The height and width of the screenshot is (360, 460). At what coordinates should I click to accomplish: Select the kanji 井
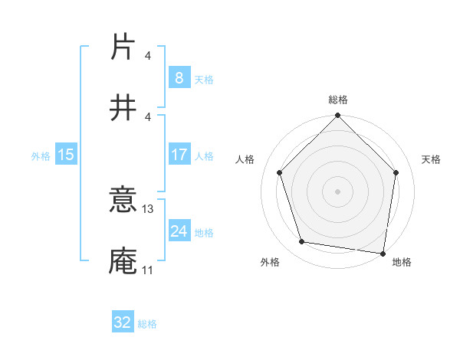pyautogui.click(x=123, y=108)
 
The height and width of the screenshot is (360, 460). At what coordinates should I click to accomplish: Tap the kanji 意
pyautogui.click(x=123, y=201)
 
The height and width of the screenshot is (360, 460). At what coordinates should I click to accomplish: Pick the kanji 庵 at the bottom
pyautogui.click(x=123, y=260)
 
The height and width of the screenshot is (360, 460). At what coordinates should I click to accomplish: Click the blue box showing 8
pyautogui.click(x=179, y=77)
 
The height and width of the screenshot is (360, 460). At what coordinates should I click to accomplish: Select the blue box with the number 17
pyautogui.click(x=179, y=155)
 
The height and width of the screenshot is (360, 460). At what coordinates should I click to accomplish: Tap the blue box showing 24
pyautogui.click(x=179, y=231)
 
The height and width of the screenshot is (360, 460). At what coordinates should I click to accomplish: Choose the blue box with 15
pyautogui.click(x=66, y=155)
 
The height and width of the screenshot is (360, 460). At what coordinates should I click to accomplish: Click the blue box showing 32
pyautogui.click(x=123, y=322)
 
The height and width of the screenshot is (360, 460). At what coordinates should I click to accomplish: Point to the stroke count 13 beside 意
pyautogui.click(x=149, y=208)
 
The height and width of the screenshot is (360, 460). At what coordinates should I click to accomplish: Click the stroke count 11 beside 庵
pyautogui.click(x=147, y=270)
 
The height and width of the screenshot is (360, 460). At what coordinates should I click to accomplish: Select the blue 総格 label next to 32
pyautogui.click(x=147, y=324)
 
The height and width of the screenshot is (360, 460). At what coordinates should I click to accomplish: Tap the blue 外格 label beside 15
pyautogui.click(x=41, y=155)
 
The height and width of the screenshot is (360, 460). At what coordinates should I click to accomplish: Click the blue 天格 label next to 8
pyautogui.click(x=204, y=79)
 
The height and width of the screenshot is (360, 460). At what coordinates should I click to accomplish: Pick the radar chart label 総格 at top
pyautogui.click(x=337, y=100)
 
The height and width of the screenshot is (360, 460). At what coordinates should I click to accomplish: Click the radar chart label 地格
pyautogui.click(x=402, y=262)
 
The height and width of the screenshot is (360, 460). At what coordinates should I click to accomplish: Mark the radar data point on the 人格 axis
pyautogui.click(x=280, y=172)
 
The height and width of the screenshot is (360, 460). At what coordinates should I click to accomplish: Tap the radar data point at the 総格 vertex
pyautogui.click(x=337, y=116)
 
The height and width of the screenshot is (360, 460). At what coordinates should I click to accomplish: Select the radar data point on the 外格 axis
pyautogui.click(x=302, y=242)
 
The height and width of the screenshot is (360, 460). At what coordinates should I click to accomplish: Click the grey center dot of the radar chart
pyautogui.click(x=337, y=191)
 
